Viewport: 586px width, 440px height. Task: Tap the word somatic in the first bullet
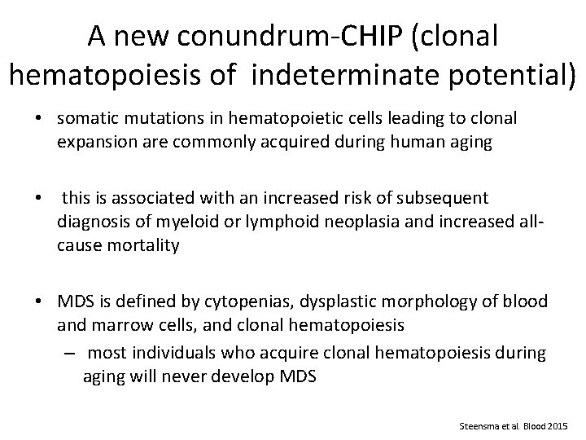pos(85,117)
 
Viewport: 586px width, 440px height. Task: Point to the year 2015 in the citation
pos(560,426)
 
